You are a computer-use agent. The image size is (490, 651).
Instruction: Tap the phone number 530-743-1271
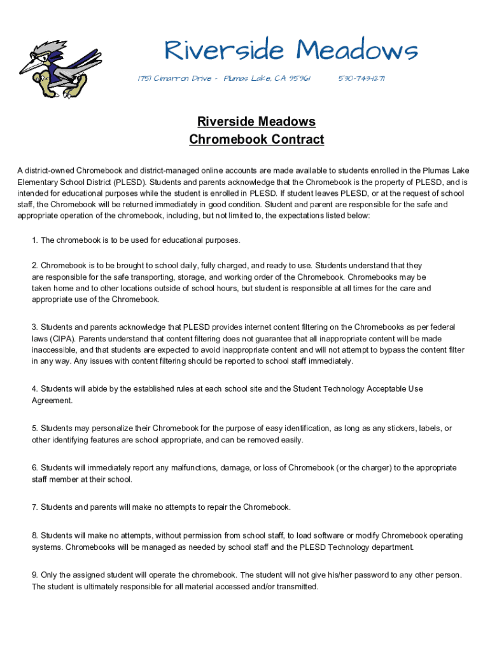tap(361, 78)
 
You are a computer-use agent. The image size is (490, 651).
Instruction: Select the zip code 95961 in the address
tap(300, 78)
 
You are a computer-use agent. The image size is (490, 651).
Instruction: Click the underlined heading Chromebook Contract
tap(256, 139)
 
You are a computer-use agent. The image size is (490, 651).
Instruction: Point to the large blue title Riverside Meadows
tap(291, 50)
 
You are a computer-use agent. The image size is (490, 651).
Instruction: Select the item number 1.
tap(35, 240)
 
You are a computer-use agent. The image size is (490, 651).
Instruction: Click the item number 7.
tap(35, 507)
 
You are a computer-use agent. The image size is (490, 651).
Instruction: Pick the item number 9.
tap(35, 575)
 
